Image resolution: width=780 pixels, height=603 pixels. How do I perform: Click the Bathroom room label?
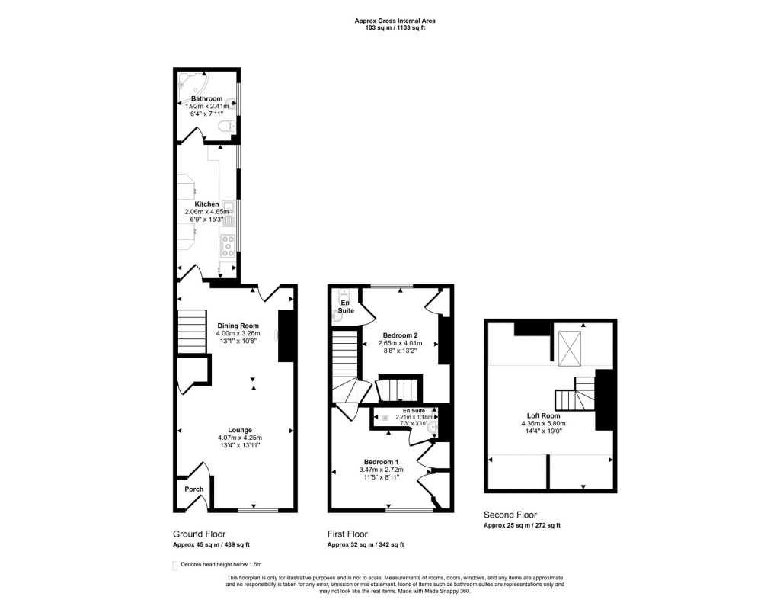pyautogui.click(x=206, y=99)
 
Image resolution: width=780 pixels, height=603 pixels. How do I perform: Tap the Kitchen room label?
pyautogui.click(x=206, y=204)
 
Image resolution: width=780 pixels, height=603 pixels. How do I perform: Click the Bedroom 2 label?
pyautogui.click(x=400, y=335)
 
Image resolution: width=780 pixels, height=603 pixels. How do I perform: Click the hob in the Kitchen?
pyautogui.click(x=227, y=245)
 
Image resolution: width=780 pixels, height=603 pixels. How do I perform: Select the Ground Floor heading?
pyautogui.click(x=199, y=534)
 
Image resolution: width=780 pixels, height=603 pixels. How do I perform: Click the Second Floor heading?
pyautogui.click(x=510, y=515)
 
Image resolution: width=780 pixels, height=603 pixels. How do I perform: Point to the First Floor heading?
pyautogui.click(x=347, y=534)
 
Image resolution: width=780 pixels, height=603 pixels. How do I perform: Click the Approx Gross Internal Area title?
pyautogui.click(x=389, y=21)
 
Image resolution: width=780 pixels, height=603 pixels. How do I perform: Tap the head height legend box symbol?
pyautogui.click(x=176, y=565)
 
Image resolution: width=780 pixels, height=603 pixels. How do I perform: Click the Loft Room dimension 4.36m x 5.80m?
pyautogui.click(x=544, y=423)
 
